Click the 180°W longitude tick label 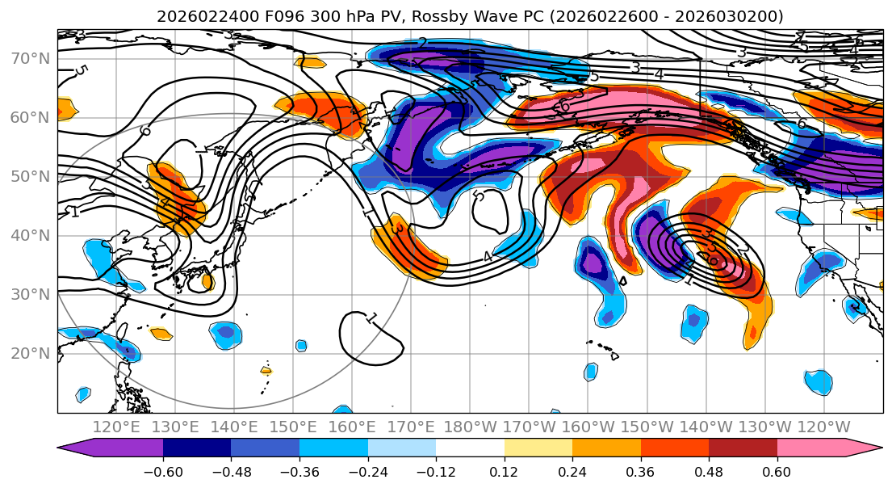[470, 427]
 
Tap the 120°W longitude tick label [823, 427]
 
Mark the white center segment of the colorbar [470, 448]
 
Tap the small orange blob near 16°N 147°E [266, 370]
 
